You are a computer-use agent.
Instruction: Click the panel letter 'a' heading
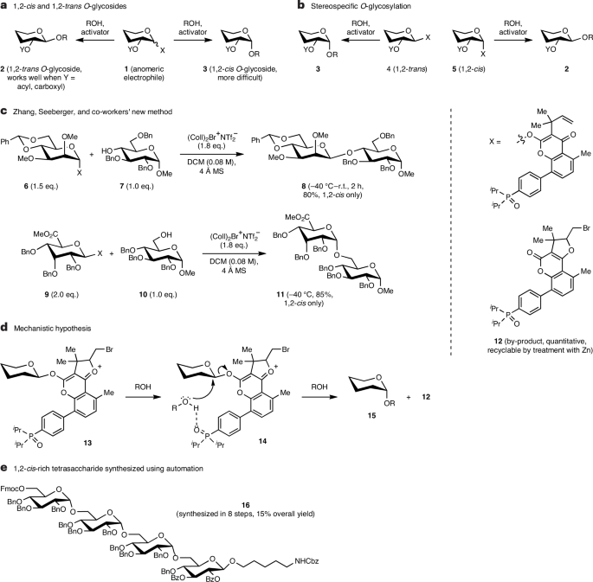4,6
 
